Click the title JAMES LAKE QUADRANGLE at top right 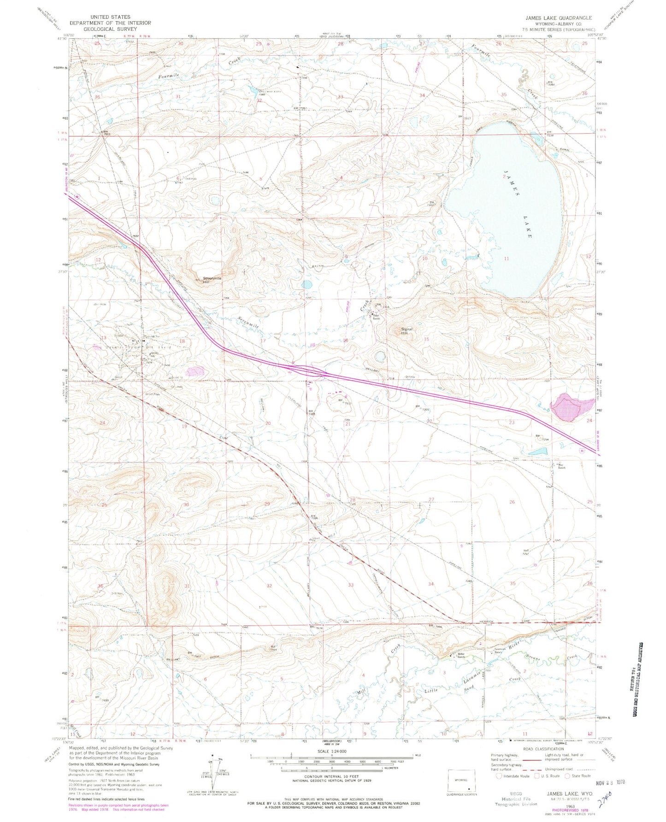[x=559, y=18]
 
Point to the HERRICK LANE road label [x=483, y=622]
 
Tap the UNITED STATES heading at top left [x=110, y=17]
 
